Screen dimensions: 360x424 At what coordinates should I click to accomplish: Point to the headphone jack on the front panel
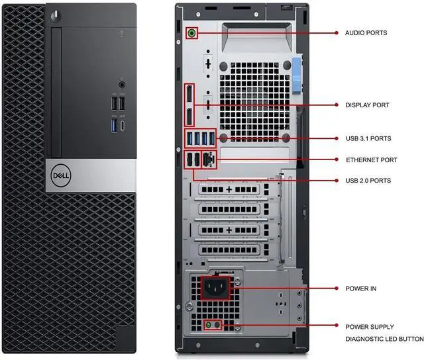[122, 84]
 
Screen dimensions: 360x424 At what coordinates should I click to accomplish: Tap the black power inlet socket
[215, 288]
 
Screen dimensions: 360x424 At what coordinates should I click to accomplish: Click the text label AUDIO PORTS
[366, 32]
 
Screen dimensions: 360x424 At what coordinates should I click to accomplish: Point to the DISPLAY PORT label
[367, 105]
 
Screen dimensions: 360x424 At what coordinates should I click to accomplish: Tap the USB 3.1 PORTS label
[368, 139]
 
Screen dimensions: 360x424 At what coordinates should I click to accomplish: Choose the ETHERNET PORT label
[371, 160]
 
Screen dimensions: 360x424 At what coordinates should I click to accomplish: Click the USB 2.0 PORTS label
[368, 181]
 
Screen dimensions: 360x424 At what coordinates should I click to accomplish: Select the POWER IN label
[361, 289]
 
